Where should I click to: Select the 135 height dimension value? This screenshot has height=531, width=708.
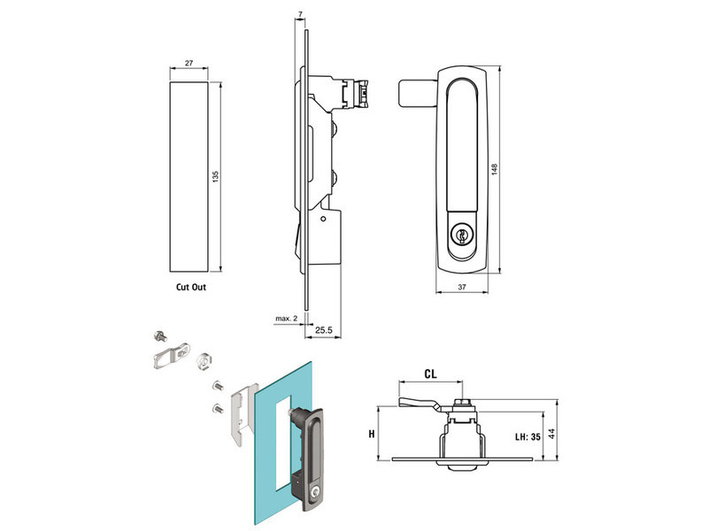point(215,177)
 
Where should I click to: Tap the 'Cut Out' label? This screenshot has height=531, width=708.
point(191,287)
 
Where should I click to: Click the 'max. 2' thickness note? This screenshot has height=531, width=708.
point(285,317)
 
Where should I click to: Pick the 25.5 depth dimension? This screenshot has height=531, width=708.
point(324,329)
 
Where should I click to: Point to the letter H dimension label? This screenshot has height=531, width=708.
point(373,434)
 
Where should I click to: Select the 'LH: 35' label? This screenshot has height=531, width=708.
point(529,435)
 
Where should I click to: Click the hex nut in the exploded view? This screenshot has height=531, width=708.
point(200,358)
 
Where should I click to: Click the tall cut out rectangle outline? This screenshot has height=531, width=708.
point(189,177)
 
